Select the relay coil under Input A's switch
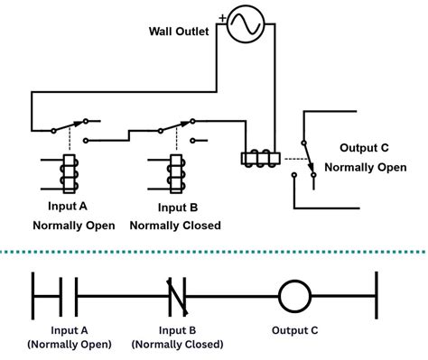point(67,172)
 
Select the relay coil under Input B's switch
point(178,172)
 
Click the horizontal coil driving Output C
point(261,159)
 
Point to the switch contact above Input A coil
point(70,125)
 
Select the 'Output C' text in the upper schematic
point(364,148)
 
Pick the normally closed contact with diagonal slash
point(176,294)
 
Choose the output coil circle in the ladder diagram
point(293,295)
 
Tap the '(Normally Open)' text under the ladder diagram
point(70,345)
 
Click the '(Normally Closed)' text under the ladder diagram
point(176,345)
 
